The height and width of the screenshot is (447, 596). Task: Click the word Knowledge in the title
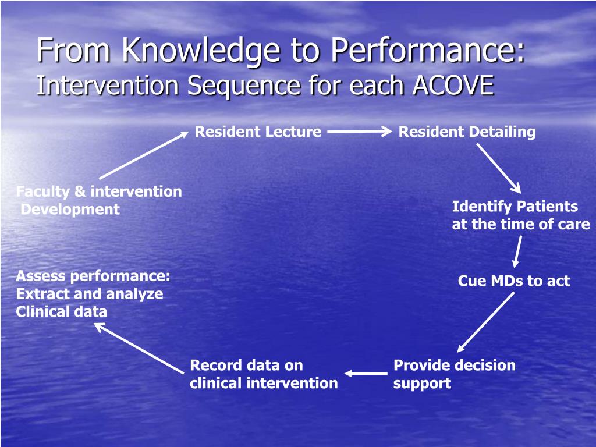click(201, 51)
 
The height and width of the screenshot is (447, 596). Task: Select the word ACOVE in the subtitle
click(453, 85)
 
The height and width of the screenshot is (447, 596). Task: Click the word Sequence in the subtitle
click(244, 86)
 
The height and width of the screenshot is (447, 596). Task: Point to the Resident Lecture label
click(258, 132)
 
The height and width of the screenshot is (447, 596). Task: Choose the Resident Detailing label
click(467, 132)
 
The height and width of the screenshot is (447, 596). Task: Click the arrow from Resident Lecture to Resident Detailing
click(360, 132)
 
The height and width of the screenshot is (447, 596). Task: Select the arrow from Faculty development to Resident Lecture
click(144, 155)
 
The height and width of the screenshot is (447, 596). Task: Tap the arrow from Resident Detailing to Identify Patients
click(499, 168)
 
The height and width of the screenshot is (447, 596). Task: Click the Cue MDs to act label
click(514, 281)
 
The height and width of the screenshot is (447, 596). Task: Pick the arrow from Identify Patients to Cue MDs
click(517, 251)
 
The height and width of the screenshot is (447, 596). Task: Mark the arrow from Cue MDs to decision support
click(486, 322)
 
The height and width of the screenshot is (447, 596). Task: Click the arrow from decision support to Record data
click(366, 374)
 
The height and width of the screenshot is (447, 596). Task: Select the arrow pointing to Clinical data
click(139, 348)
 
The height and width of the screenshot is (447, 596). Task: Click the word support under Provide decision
click(423, 384)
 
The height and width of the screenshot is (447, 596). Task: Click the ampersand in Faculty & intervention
click(80, 191)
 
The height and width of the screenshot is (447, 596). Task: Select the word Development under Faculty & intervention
click(70, 210)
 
